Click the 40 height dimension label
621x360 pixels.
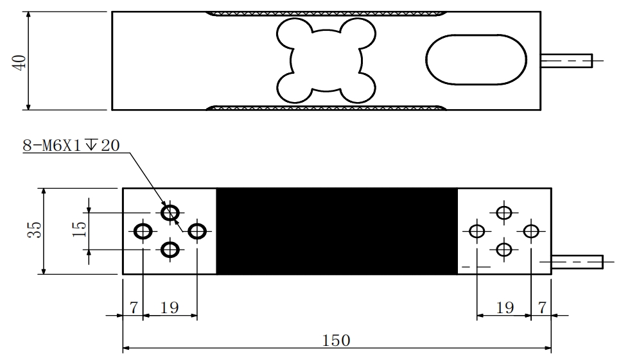click(21, 62)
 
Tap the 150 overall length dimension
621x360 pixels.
click(337, 341)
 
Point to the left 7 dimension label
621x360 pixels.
click(133, 307)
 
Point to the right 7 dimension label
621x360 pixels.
click(543, 307)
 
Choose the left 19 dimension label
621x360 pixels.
click(170, 307)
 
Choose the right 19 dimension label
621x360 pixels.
click(505, 307)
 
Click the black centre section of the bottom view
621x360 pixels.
click(337, 231)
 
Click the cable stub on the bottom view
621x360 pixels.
click(576, 262)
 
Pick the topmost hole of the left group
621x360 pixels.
click(170, 212)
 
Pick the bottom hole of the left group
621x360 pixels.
click(170, 249)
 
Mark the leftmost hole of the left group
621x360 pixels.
click(143, 230)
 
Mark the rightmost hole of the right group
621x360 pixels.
click(530, 230)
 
